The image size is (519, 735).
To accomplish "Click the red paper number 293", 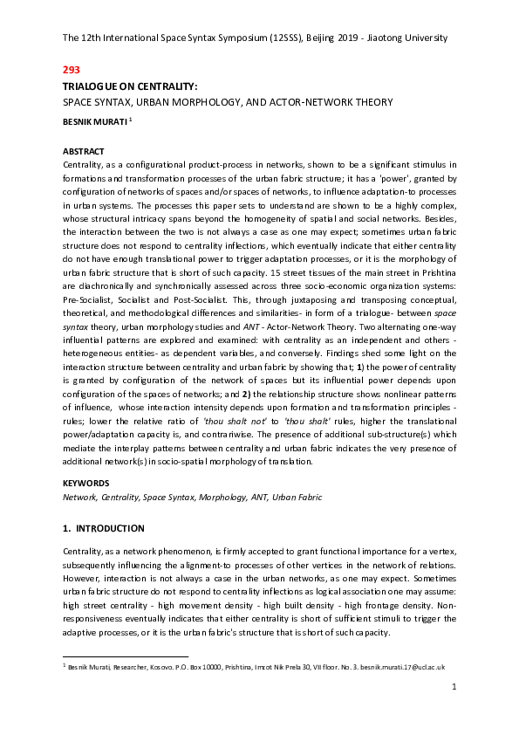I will (x=72, y=69).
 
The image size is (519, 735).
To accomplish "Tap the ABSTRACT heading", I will (x=84, y=151).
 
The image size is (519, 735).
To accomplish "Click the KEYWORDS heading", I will (x=85, y=481).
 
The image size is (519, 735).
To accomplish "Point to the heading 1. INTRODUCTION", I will (x=104, y=528).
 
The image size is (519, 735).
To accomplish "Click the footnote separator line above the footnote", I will (x=126, y=656).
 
